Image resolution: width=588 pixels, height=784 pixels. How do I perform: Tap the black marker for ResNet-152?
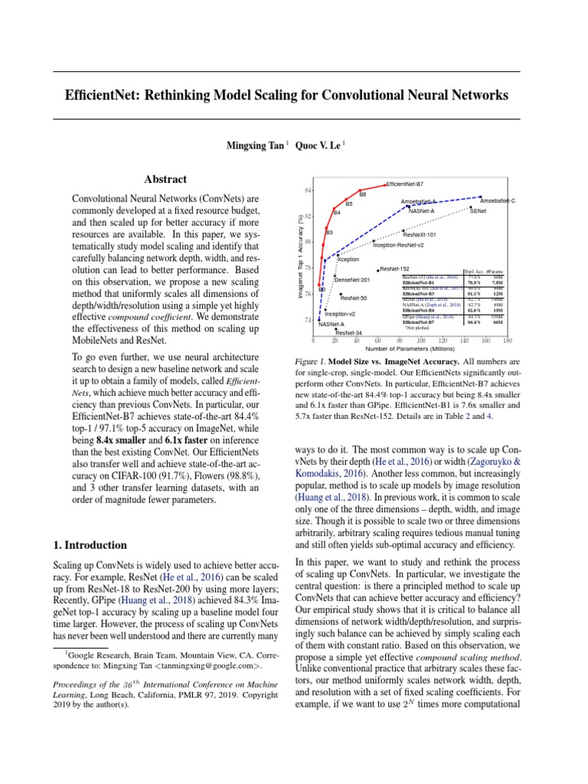pyautogui.click(x=378, y=269)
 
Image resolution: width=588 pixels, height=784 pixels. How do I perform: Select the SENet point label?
pyautogui.click(x=479, y=210)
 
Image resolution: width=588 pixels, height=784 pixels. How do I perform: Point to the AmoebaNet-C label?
pyautogui.click(x=497, y=201)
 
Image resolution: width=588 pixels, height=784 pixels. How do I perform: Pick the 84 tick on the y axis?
pyautogui.click(x=308, y=189)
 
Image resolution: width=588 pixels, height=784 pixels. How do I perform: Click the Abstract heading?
pyautogui.click(x=165, y=179)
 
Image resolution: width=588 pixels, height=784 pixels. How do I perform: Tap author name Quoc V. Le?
pyautogui.click(x=318, y=144)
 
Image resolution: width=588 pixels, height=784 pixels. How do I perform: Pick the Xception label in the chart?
pyautogui.click(x=348, y=260)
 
